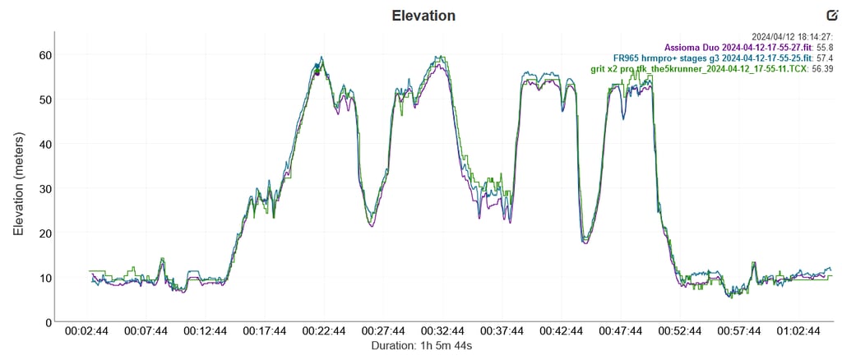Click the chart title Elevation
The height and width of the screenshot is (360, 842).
[x=423, y=16]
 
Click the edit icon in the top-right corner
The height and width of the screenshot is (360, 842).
[x=831, y=15]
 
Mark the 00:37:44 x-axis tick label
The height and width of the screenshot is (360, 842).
[x=503, y=331]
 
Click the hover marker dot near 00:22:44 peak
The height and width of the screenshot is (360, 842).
[x=317, y=72]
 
